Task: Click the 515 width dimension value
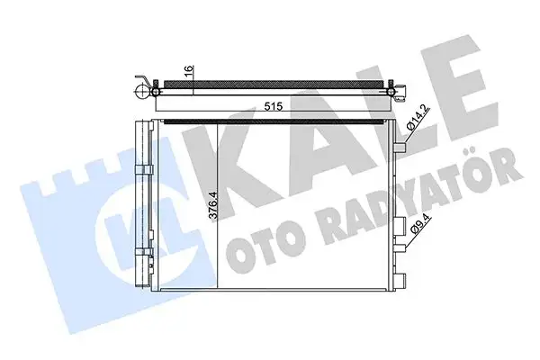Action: (274, 106)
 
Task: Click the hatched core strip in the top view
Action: (270, 82)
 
